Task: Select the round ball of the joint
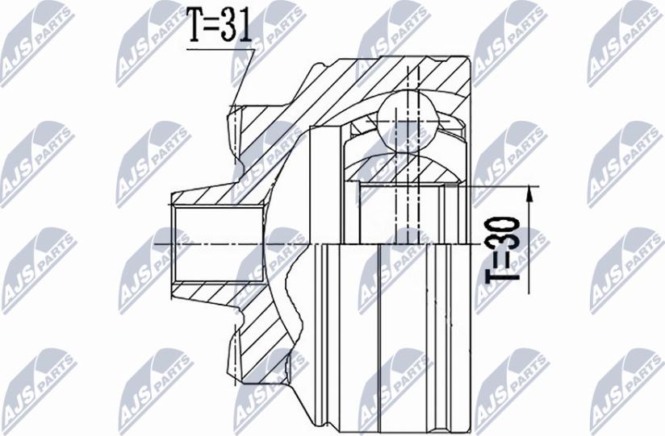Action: (x=408, y=121)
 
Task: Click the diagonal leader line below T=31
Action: (x=244, y=77)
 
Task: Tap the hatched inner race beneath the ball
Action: (x=403, y=168)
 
